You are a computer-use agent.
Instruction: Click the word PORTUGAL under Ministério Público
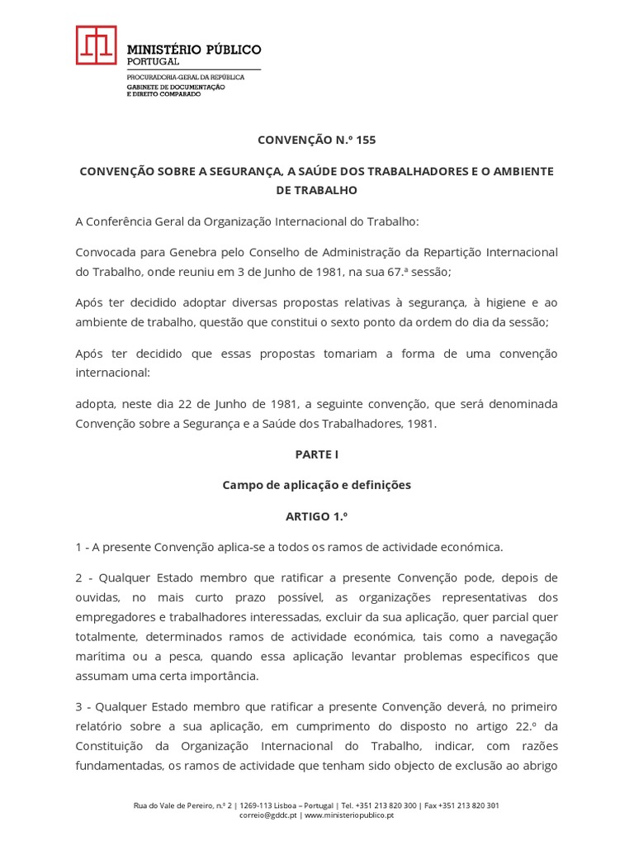tap(153, 62)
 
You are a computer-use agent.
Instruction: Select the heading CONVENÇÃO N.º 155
tap(316, 140)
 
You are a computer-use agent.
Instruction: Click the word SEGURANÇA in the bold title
tap(239, 171)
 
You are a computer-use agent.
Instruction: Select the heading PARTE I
tap(316, 454)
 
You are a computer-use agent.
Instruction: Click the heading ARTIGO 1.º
tap(316, 516)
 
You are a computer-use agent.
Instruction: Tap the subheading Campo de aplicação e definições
tap(316, 485)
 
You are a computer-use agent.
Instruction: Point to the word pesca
tap(190, 656)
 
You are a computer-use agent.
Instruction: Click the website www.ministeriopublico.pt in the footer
tap(349, 815)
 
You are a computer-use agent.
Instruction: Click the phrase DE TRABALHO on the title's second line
tap(316, 190)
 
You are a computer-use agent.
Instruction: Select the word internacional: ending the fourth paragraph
tap(113, 373)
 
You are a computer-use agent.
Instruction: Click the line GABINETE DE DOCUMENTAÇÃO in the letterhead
tap(175, 86)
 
